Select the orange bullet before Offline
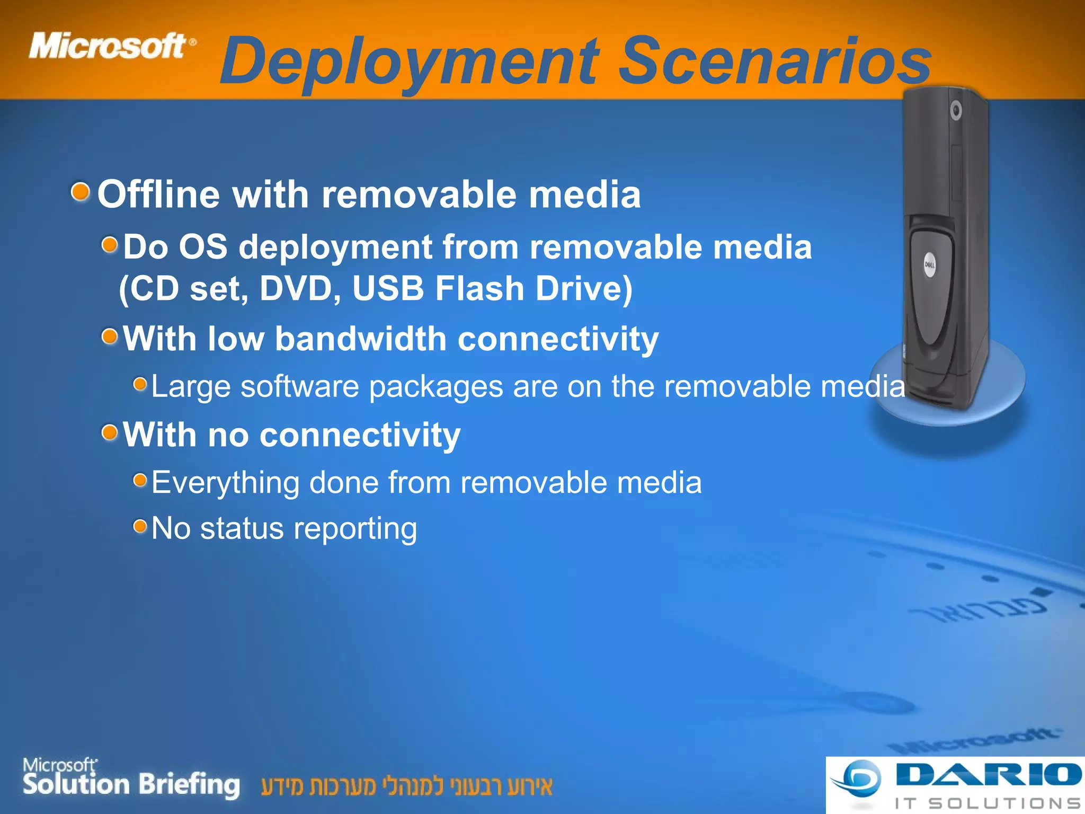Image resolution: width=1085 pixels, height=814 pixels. (x=81, y=191)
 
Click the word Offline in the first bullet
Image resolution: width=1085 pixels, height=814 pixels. (x=158, y=194)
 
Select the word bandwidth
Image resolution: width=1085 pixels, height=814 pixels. (x=360, y=339)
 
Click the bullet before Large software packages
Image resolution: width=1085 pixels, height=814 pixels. (x=140, y=384)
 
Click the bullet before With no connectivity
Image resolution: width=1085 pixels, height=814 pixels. (x=110, y=432)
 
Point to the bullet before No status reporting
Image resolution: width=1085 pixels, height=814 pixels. (x=140, y=526)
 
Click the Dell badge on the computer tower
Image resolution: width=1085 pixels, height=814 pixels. (x=930, y=265)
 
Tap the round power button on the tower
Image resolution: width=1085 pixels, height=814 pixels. (x=956, y=111)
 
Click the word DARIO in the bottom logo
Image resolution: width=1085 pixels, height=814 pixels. (x=988, y=775)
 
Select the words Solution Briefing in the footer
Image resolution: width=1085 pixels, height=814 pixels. (x=131, y=784)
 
